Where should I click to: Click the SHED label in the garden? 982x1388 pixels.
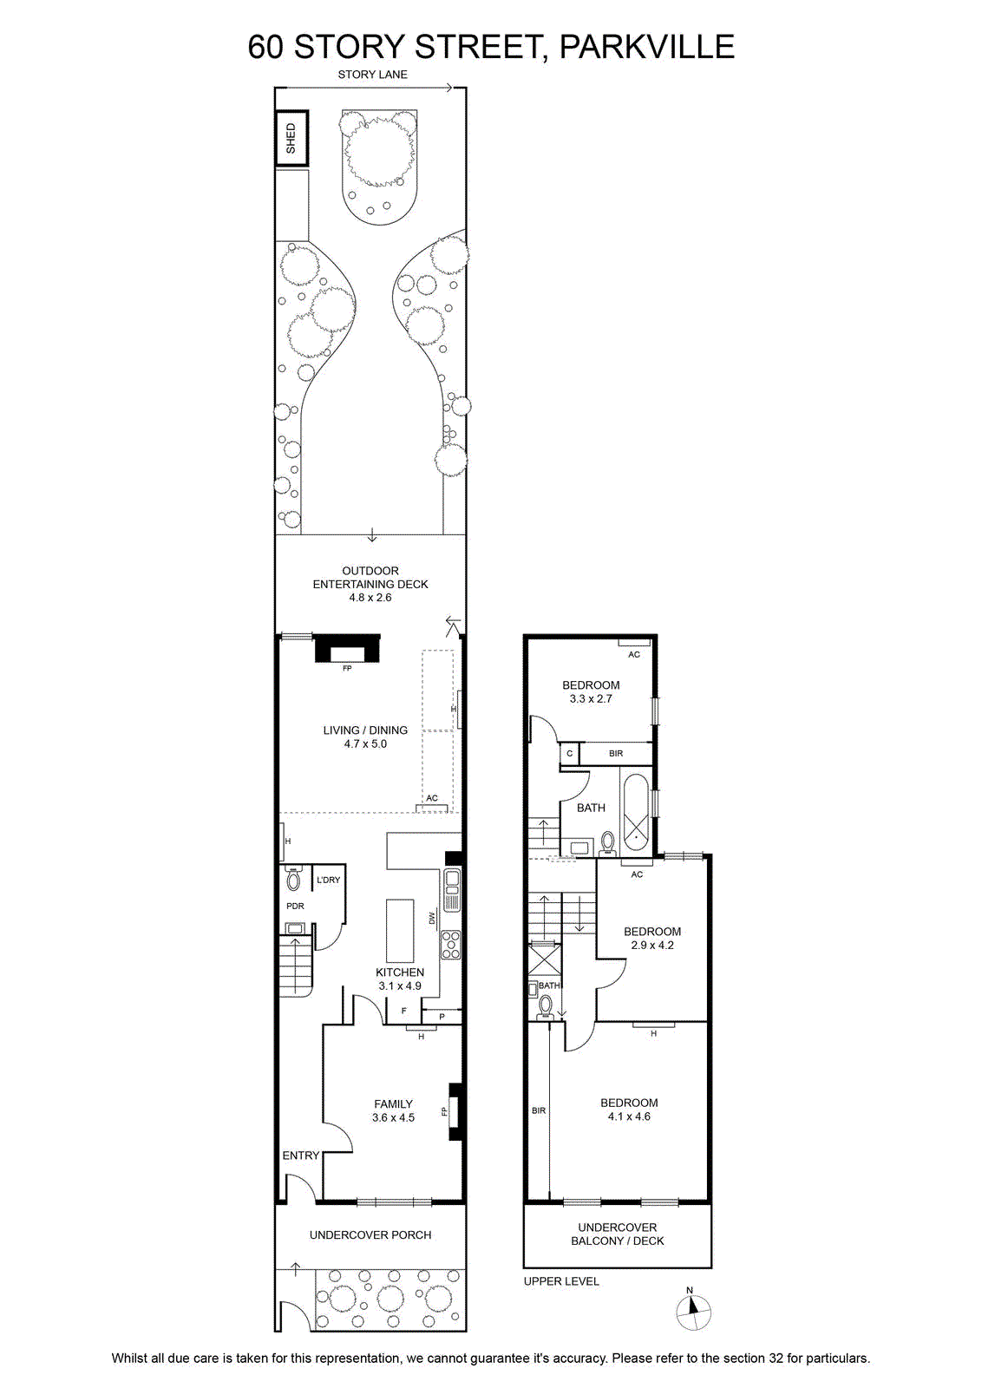click(x=291, y=138)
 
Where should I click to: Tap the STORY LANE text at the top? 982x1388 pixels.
click(x=372, y=75)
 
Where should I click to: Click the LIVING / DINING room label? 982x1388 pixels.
click(x=365, y=730)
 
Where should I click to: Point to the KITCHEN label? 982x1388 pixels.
click(x=400, y=972)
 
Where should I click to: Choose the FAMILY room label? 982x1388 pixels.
click(x=393, y=1103)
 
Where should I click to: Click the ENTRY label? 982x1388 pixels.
click(x=300, y=1155)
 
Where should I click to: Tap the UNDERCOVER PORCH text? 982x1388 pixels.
click(x=370, y=1234)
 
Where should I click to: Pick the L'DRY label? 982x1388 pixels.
click(x=329, y=880)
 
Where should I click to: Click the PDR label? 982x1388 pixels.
click(x=295, y=906)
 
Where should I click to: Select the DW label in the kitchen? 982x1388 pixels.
click(x=433, y=918)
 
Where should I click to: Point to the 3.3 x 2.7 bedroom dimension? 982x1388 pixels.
click(x=591, y=698)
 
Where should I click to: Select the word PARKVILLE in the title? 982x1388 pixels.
click(x=647, y=47)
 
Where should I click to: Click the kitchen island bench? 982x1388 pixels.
click(x=400, y=930)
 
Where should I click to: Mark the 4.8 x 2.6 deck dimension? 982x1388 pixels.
click(x=370, y=598)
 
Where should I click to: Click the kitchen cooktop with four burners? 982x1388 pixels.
click(x=450, y=945)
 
